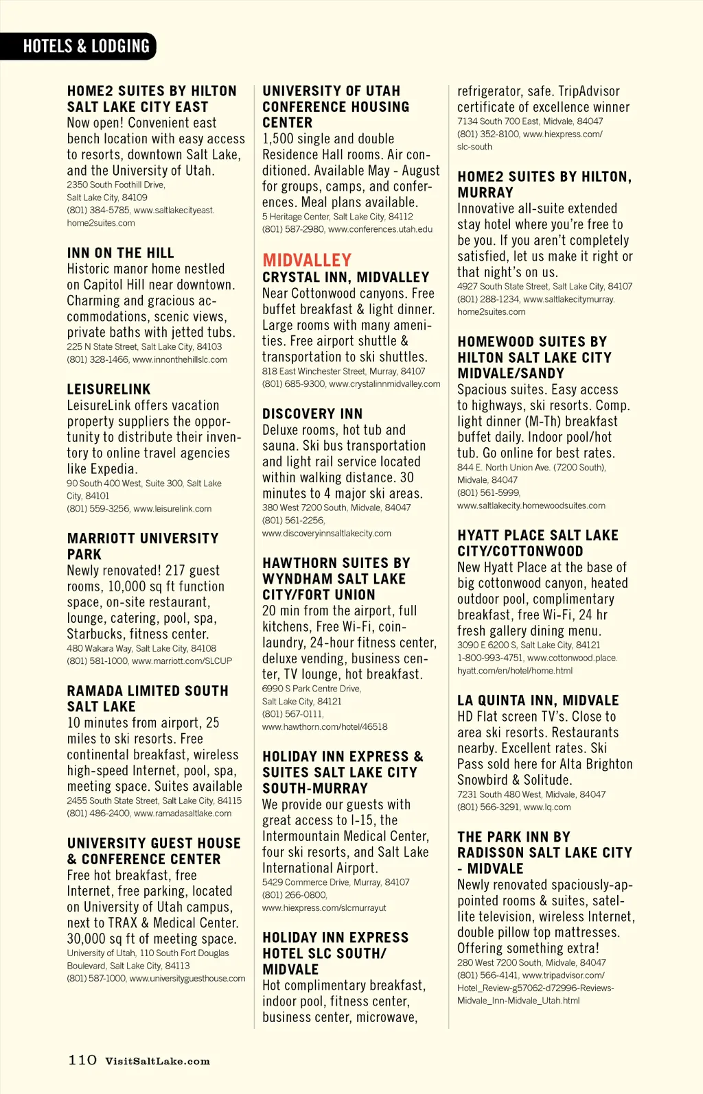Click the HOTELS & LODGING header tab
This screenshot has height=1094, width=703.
pos(86,46)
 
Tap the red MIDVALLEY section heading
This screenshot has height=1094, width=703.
pos(307,260)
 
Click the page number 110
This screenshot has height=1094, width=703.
pos(82,1060)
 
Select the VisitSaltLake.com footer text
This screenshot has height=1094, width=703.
pos(157,1061)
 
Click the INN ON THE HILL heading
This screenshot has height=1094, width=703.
pos(120,253)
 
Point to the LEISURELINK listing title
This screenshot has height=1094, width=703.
pos(108,390)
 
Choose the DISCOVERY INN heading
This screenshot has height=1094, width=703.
pos(312,414)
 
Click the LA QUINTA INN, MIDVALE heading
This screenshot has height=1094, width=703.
pos(538,700)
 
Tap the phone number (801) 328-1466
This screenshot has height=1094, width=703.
pos(97,359)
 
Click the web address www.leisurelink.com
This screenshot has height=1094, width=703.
pos(172,509)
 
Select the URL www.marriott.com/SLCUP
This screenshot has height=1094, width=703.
pos(182,661)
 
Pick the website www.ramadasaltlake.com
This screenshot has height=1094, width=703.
pos(183,813)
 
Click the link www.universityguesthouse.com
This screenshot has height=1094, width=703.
pos(187,978)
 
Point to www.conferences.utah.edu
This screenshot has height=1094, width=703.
pos(380,229)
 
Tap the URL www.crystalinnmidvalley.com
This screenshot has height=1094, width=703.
pos(384,384)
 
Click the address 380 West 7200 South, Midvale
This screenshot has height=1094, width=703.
pos(336,508)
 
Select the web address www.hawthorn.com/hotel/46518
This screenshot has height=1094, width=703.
pos(325,726)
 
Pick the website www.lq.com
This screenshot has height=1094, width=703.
pos(547,807)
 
